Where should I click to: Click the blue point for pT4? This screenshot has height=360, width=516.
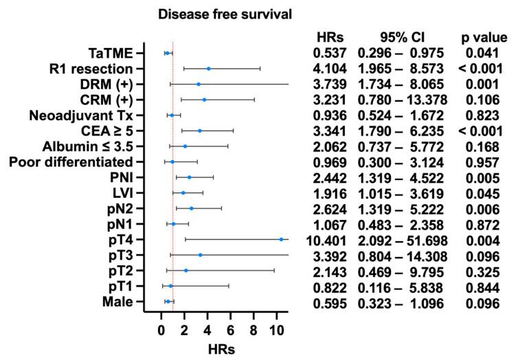tap(281, 239)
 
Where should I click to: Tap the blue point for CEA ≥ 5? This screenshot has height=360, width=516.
tap(199, 131)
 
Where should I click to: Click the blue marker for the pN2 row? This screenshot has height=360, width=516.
tap(191, 208)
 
